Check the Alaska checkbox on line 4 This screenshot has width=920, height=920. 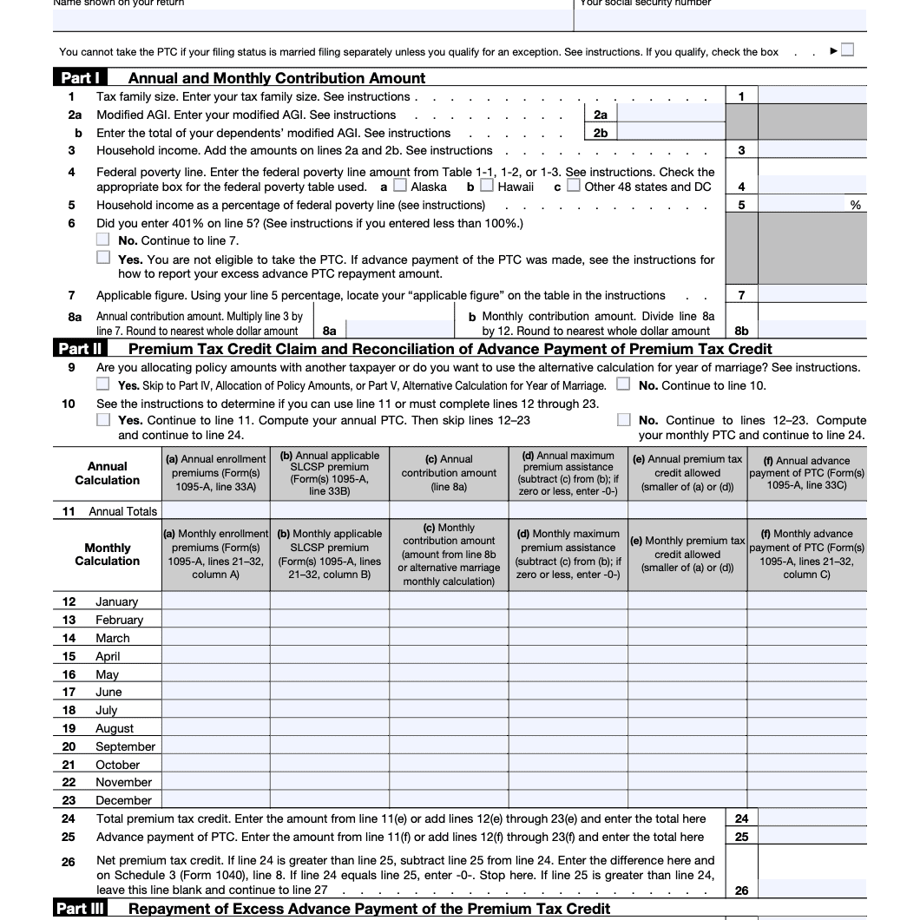tap(400, 186)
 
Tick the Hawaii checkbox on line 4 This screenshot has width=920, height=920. tap(487, 186)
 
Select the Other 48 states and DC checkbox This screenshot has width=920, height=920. tap(574, 186)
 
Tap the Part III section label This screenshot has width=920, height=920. tap(83, 909)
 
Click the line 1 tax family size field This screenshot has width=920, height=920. tap(812, 96)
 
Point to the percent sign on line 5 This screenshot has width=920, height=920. tap(856, 205)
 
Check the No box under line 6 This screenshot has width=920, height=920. tap(103, 240)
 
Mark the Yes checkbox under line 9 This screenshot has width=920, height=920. tap(103, 384)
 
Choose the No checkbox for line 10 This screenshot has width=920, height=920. tap(623, 420)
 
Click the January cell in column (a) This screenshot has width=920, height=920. tap(215, 601)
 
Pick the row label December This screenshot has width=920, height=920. tap(123, 800)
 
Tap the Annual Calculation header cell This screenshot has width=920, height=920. tap(107, 473)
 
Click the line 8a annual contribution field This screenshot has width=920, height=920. tap(399, 331)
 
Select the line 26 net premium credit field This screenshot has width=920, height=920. tap(812, 890)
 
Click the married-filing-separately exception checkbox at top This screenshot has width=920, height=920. tap(847, 50)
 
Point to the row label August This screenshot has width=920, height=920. tap(115, 728)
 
